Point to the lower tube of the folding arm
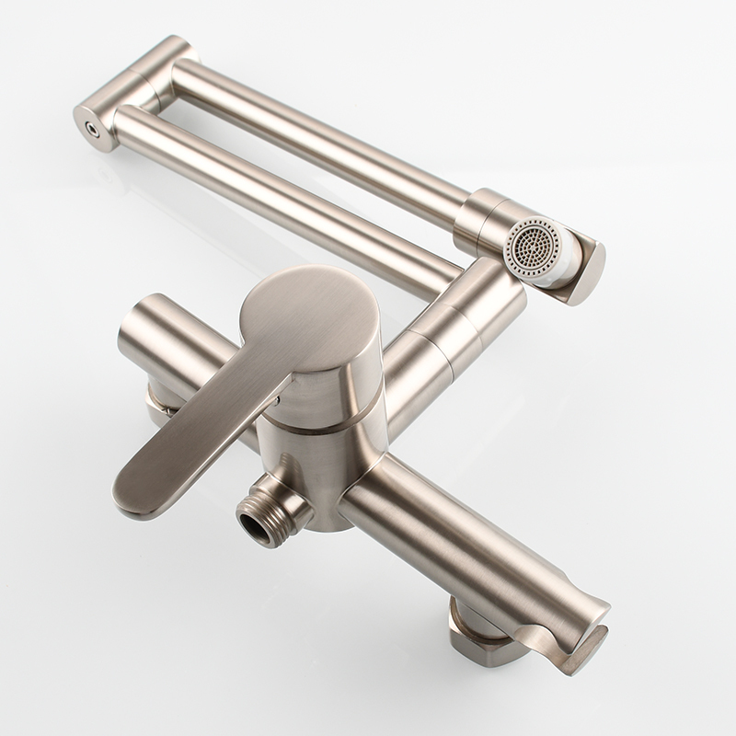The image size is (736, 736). coord(276,198)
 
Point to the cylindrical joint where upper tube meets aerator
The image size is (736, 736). coord(478,221)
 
